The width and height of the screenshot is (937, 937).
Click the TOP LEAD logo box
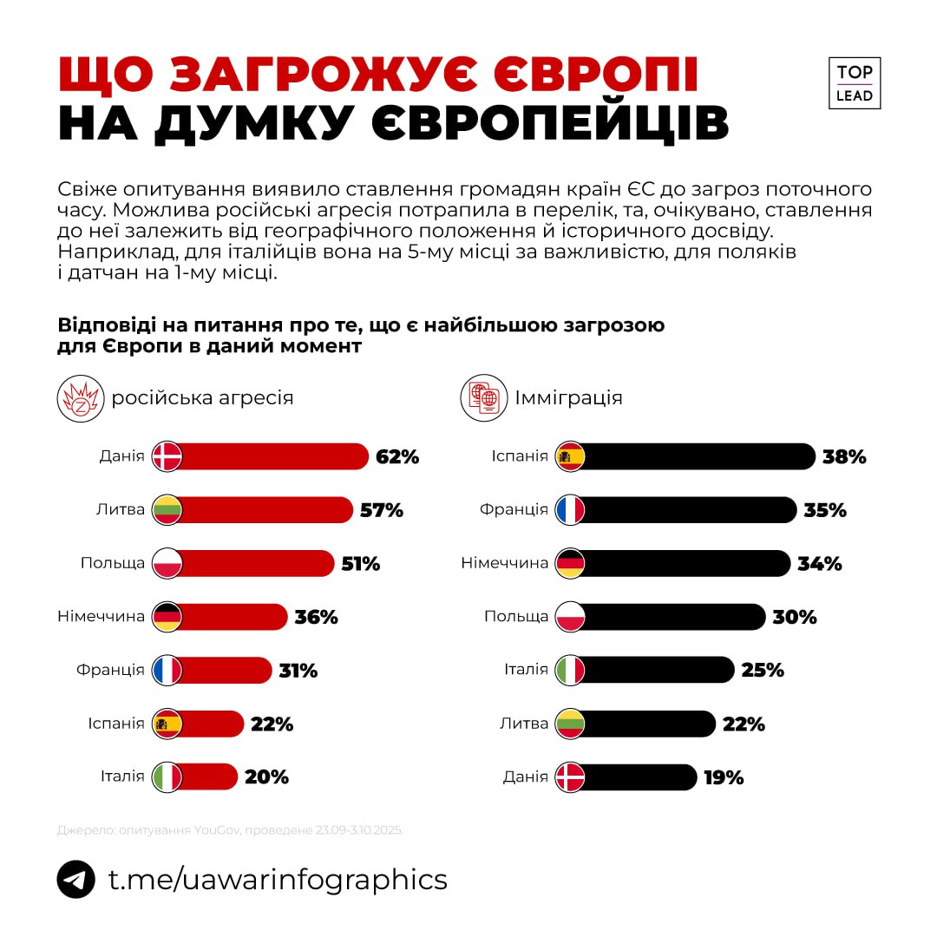[x=855, y=83]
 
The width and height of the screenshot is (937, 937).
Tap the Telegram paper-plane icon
[x=76, y=879]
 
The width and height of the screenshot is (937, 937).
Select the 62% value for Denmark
[x=397, y=457]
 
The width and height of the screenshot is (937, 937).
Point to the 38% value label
[x=844, y=457]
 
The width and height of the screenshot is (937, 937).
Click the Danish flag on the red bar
[x=167, y=456]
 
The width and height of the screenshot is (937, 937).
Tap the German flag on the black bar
[x=570, y=564]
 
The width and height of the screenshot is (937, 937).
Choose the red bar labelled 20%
[x=208, y=776]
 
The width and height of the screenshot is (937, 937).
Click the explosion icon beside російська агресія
[x=80, y=398]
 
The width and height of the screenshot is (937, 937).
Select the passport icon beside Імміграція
[x=483, y=398]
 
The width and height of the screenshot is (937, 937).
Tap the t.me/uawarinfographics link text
[x=278, y=879]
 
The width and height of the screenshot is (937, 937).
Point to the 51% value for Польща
[x=359, y=564]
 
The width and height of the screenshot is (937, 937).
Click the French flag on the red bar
[x=167, y=671]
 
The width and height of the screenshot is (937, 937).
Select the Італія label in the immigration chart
[x=526, y=670]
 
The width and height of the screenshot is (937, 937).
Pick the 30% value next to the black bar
[x=795, y=618]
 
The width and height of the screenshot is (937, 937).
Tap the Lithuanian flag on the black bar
[x=570, y=724]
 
